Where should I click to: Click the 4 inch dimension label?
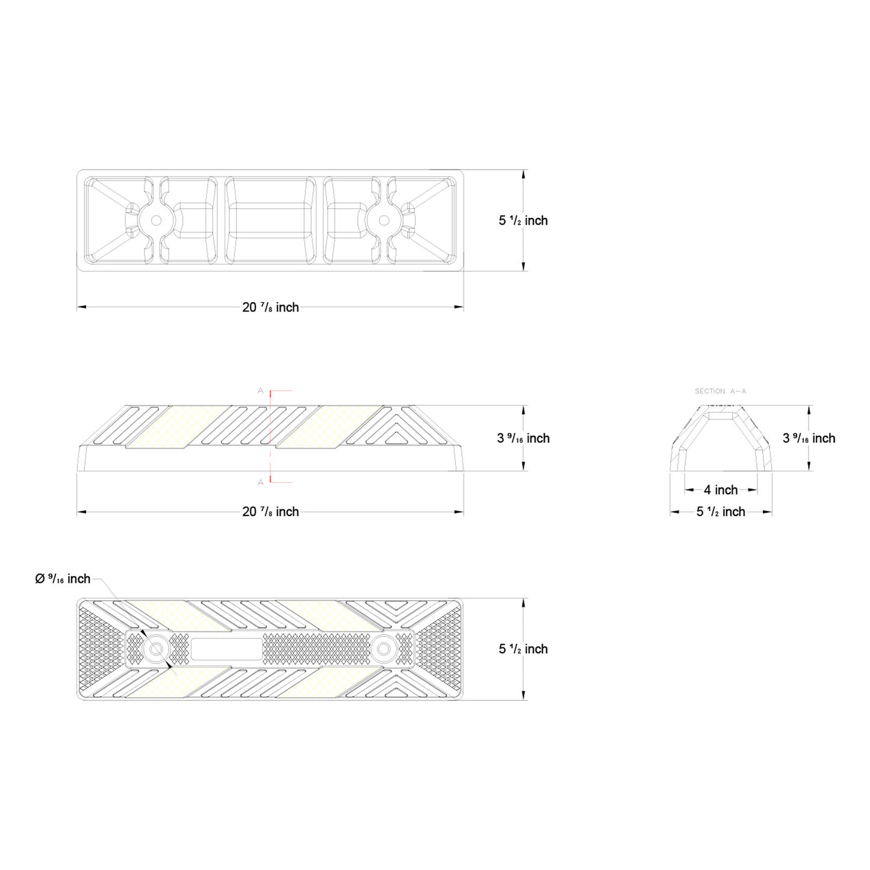click(721, 490)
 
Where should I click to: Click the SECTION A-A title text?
click(720, 391)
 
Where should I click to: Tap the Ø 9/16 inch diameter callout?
click(63, 579)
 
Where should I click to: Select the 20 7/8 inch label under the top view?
click(270, 308)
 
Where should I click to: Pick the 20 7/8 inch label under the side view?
click(270, 512)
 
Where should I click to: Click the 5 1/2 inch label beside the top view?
click(523, 221)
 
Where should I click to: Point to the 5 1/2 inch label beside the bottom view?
click(523, 649)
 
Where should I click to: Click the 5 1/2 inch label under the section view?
click(721, 512)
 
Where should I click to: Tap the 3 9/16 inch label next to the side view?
click(523, 438)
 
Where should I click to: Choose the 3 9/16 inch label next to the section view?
click(809, 438)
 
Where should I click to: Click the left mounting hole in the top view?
click(156, 220)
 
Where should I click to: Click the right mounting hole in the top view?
click(384, 220)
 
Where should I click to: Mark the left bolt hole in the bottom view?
click(156, 649)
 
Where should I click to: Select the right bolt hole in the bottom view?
click(383, 649)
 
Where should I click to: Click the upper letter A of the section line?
click(261, 391)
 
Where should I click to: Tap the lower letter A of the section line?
click(261, 482)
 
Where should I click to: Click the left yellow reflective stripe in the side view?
click(178, 427)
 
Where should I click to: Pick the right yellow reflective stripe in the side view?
click(329, 427)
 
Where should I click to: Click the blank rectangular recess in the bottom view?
click(226, 649)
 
